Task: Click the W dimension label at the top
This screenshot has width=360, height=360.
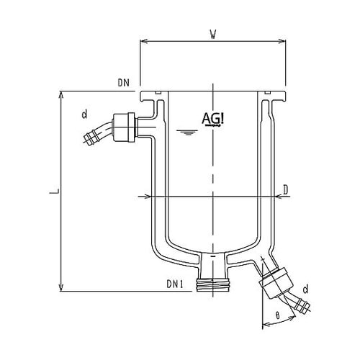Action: (x=213, y=35)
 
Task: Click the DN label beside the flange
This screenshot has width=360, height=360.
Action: (x=124, y=83)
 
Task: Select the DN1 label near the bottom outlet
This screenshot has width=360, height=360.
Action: (x=175, y=284)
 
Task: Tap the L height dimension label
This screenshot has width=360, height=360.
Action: (x=54, y=192)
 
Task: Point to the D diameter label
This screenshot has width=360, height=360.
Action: (x=285, y=190)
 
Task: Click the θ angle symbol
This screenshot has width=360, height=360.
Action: (x=278, y=315)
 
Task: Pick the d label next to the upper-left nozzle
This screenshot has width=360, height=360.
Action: (x=84, y=114)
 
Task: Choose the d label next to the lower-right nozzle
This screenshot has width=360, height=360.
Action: (x=305, y=289)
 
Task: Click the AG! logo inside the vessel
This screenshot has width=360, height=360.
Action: (x=213, y=120)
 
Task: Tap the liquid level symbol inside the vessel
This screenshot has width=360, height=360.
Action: (x=187, y=132)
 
